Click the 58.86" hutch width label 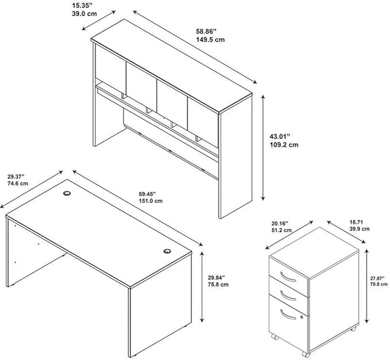pos(206,32)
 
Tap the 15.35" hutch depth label pos(80,6)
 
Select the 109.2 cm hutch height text pos(284,145)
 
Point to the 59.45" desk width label pos(147,194)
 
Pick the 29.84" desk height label pos(217,277)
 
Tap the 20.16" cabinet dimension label pos(280,223)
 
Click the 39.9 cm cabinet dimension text pos(360,229)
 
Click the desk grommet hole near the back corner pos(67,193)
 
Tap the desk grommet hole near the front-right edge pos(167,251)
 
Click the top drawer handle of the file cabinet pos(288,277)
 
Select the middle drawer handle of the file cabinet pos(288,295)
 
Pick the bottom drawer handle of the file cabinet pos(288,314)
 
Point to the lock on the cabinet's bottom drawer pos(302,318)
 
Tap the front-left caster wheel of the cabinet pos(274,337)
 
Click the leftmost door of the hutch pos(111,65)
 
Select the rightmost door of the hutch pos(203,122)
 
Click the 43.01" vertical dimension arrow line pos(263,147)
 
